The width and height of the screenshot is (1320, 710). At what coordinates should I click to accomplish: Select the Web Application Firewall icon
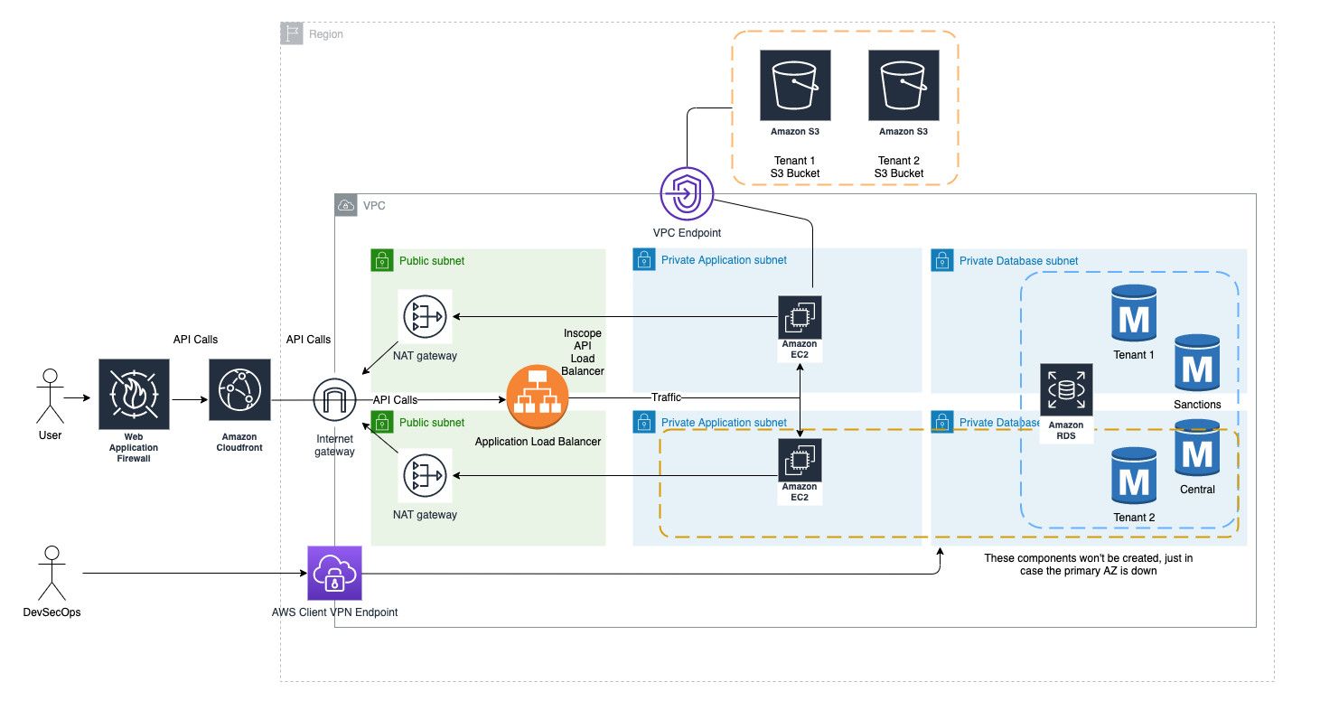(x=134, y=394)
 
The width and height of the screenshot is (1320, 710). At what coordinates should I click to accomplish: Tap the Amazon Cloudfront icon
(x=239, y=390)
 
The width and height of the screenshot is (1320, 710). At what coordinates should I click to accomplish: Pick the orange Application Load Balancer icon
(x=538, y=397)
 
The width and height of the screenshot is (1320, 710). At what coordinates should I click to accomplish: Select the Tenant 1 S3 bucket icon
(x=795, y=85)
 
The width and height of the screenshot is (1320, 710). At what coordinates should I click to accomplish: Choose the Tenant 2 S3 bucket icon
(x=903, y=85)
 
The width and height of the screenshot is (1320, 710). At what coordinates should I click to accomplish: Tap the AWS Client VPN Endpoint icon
(x=334, y=573)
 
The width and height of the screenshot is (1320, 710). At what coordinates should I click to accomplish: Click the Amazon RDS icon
(x=1066, y=390)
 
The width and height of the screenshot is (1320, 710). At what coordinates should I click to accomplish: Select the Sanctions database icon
(x=1197, y=362)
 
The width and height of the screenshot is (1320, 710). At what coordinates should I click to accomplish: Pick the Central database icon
(x=1197, y=448)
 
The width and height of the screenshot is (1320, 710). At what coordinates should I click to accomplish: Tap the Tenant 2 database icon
(x=1134, y=476)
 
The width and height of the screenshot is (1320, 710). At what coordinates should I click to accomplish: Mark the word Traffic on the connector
(x=667, y=397)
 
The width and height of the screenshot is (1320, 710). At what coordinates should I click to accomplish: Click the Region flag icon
(x=291, y=34)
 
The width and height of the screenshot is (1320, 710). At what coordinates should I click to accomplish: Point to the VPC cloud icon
(x=345, y=205)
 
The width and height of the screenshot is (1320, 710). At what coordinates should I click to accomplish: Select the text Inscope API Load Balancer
(x=582, y=352)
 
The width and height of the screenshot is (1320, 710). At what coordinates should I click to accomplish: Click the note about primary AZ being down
(x=1088, y=565)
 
